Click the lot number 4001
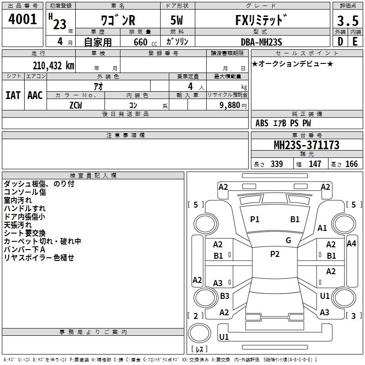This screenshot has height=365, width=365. tap(22, 19)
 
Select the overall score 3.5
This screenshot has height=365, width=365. tap(348, 21)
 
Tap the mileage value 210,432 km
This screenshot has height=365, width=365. tap(53, 66)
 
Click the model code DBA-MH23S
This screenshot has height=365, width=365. tap(261, 42)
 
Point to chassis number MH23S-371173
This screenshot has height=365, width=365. tap(306, 145)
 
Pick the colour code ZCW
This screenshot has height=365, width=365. tap(76, 105)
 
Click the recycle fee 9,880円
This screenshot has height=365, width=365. tap(233, 105)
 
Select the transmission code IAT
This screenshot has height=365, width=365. tap(13, 95)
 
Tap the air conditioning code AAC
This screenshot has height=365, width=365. tap(35, 95)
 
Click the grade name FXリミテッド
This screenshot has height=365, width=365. tap(261, 20)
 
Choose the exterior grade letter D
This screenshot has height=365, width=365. tap(340, 42)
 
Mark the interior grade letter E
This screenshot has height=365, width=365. tap(355, 42)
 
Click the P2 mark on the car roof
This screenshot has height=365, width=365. tap(275, 254)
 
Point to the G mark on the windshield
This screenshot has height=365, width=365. tap(288, 240)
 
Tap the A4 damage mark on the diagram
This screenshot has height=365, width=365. tap(351, 244)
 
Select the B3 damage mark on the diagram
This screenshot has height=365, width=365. tap(224, 296)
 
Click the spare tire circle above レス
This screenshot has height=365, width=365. tap(199, 333)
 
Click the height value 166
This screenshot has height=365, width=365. tap(351, 164)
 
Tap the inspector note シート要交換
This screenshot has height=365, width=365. tap(25, 233)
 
